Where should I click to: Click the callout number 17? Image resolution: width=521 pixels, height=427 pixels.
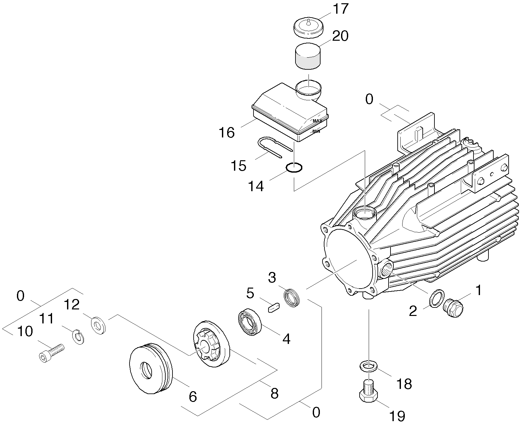click(340, 9)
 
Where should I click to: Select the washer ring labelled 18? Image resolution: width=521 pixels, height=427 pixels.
click(368, 365)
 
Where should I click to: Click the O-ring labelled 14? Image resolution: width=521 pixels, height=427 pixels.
click(294, 168)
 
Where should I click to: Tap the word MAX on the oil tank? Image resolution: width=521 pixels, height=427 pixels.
click(317, 121)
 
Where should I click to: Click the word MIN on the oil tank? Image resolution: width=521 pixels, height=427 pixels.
click(316, 131)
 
